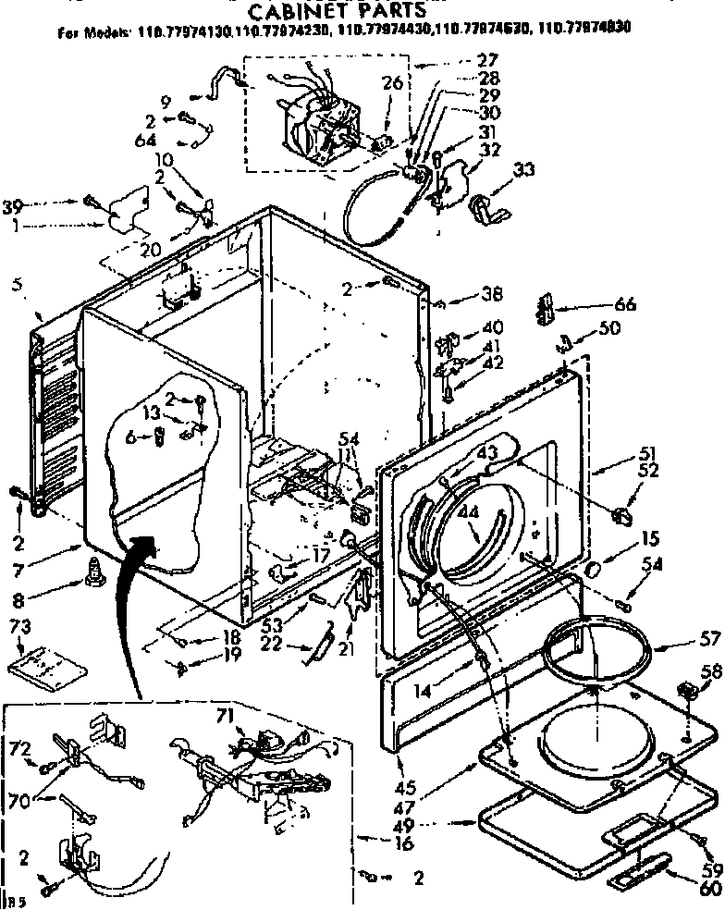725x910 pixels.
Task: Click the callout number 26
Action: (x=392, y=83)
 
